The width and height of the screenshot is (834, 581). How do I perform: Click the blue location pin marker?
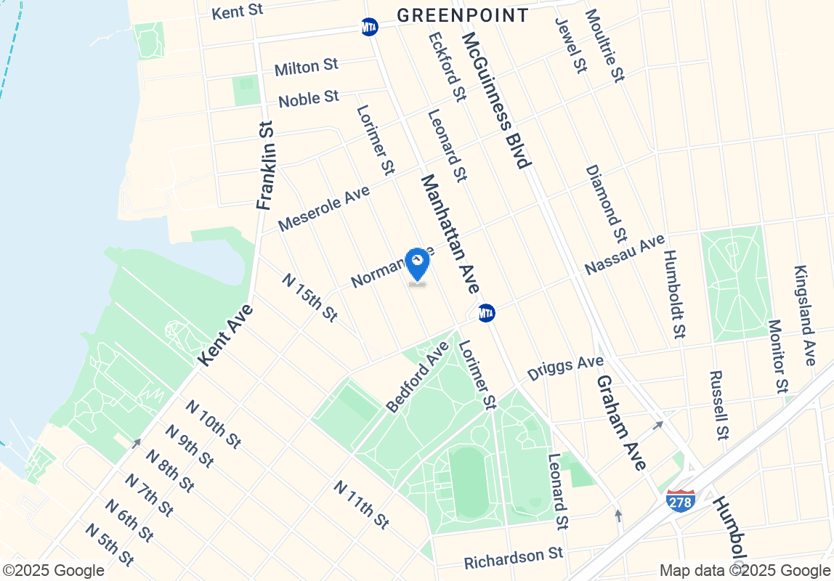[x=417, y=264]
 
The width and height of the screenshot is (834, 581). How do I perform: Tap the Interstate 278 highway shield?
[x=680, y=500]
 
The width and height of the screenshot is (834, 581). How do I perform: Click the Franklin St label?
[x=267, y=166]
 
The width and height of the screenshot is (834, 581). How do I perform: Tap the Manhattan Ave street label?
[x=449, y=232]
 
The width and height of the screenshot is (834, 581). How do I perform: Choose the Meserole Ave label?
[x=323, y=208]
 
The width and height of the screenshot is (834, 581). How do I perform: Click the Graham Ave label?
[x=621, y=423]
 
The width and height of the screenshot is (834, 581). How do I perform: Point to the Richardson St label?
[x=514, y=558]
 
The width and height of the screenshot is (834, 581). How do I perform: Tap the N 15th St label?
[x=309, y=298]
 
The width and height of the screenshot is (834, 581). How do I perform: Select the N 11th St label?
[x=361, y=504]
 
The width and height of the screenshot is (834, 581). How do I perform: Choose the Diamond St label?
[x=605, y=203]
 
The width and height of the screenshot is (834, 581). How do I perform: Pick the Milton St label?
[x=306, y=68]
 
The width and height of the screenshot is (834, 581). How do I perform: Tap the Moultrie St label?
[x=603, y=45]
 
